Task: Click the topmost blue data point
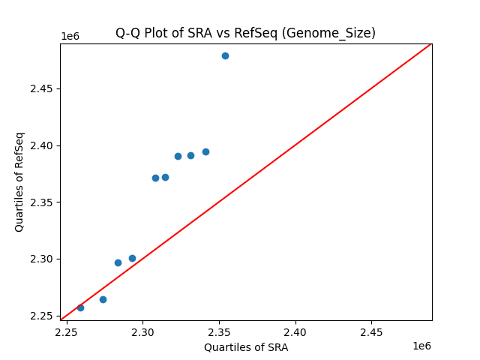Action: [225, 55]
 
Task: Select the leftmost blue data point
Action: [80, 307]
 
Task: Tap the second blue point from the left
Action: [103, 299]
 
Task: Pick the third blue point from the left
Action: [118, 262]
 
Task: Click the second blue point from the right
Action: [205, 151]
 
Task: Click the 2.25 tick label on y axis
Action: [43, 316]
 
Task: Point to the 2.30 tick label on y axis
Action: [43, 259]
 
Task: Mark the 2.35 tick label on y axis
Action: [43, 202]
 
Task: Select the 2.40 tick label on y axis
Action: [43, 145]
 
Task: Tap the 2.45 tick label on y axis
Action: [43, 88]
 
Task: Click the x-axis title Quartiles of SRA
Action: [246, 347]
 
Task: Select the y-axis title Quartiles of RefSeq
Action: [19, 181]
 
